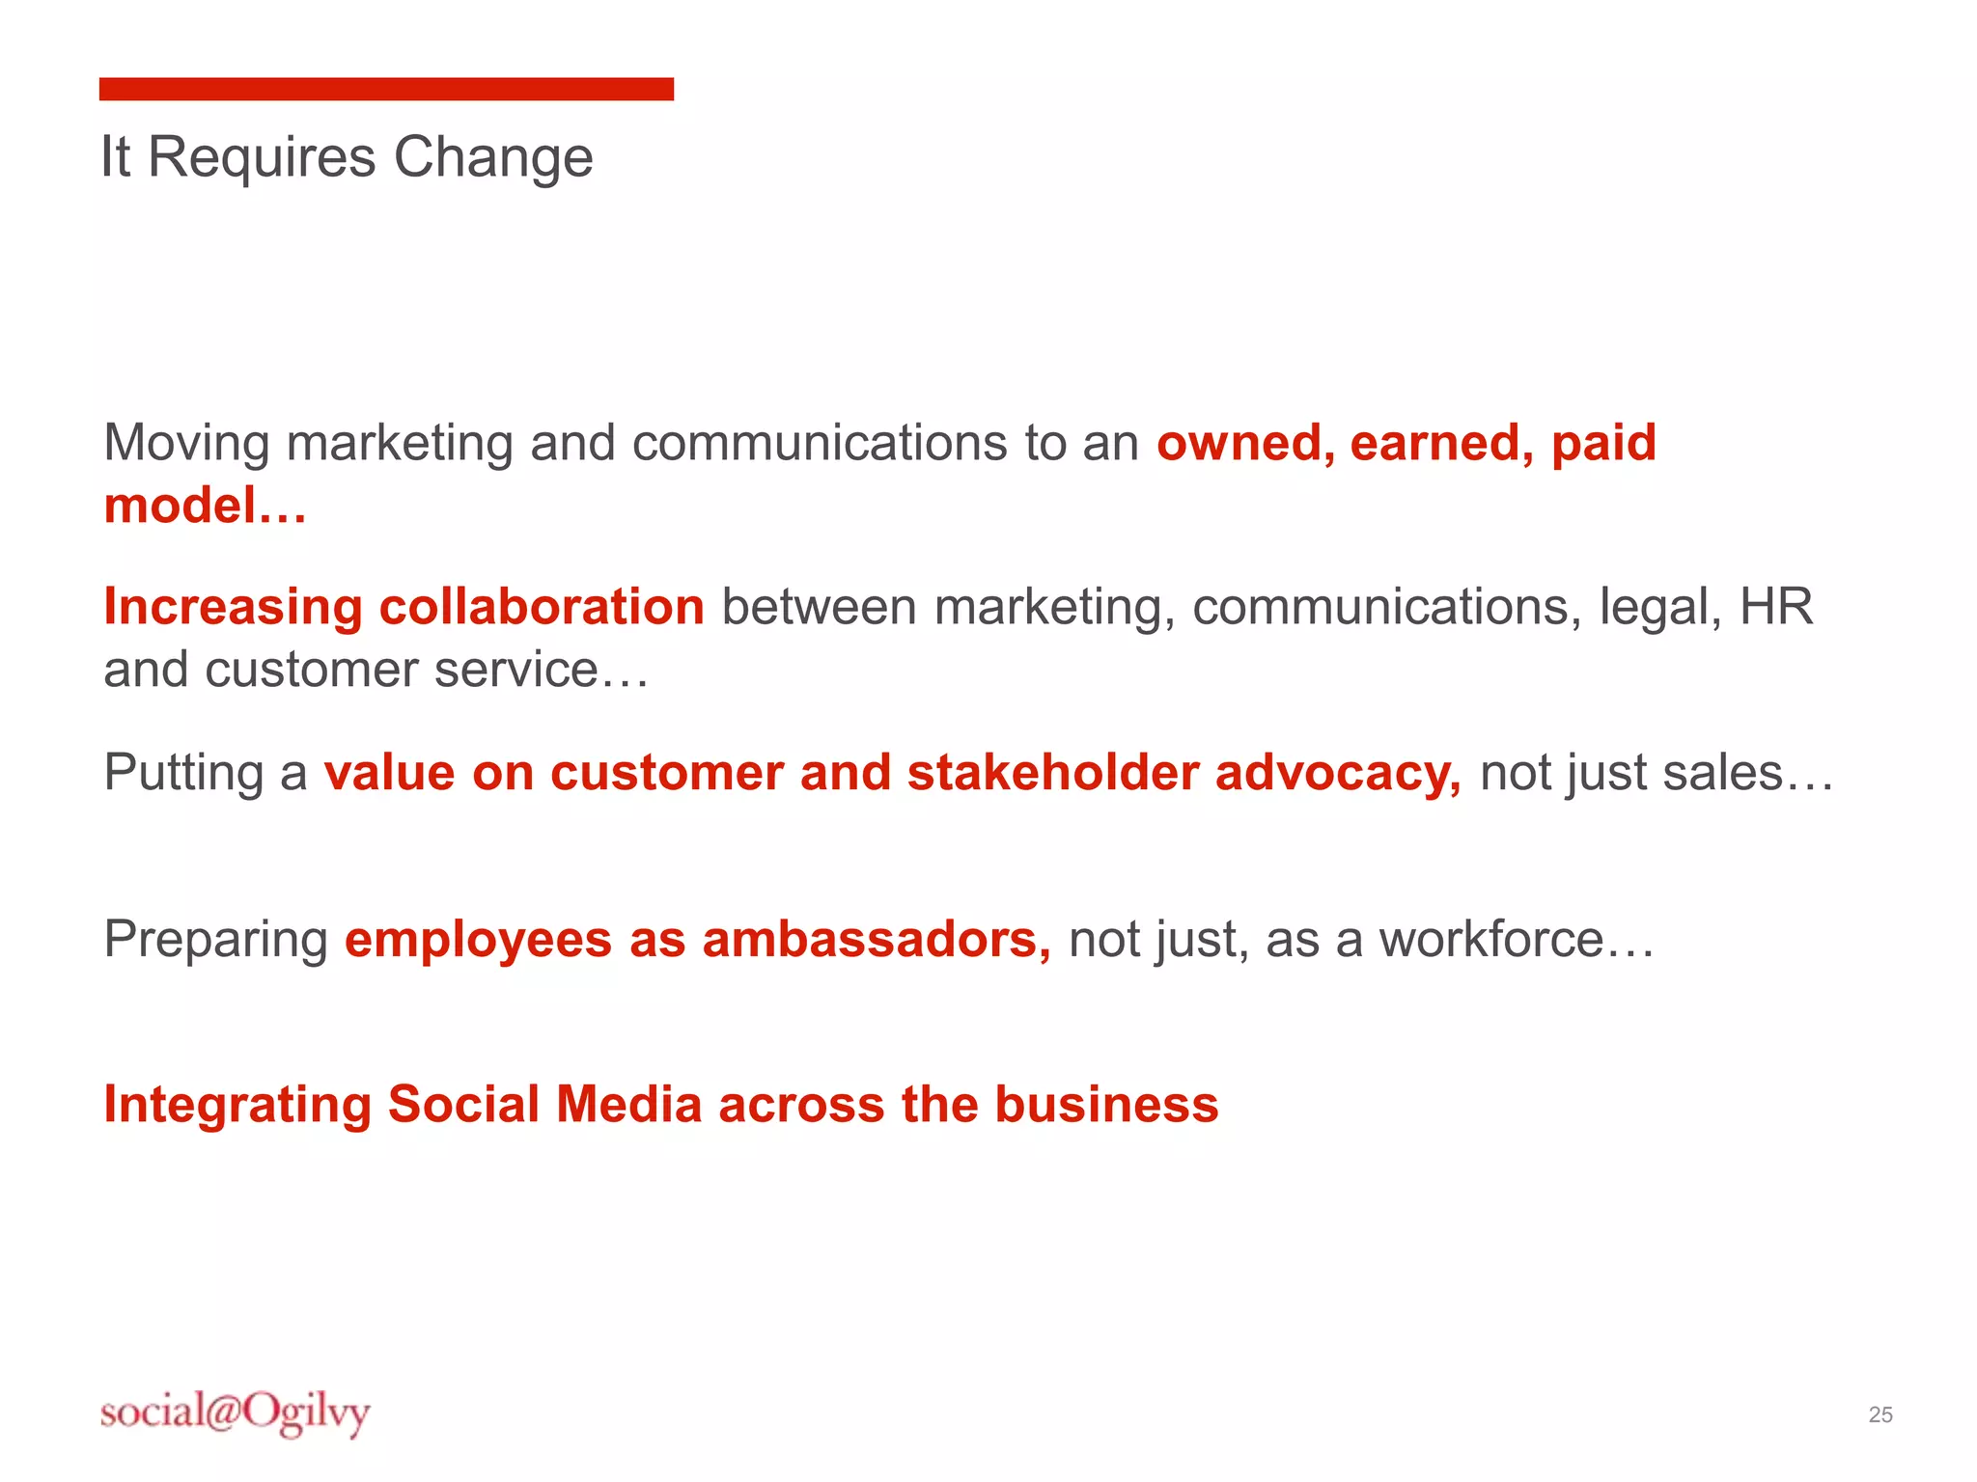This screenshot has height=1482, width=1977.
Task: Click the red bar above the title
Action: [386, 89]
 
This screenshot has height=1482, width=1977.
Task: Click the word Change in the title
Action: [493, 157]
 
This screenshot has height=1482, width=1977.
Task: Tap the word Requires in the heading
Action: [262, 157]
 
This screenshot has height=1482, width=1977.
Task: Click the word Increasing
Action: [233, 609]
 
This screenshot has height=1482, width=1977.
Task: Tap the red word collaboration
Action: [542, 607]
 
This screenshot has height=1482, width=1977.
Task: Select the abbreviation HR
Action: [1776, 607]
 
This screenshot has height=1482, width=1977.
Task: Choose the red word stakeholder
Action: [1052, 773]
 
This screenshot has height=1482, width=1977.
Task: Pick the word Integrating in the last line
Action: [237, 1106]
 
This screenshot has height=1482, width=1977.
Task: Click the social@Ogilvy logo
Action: [235, 1413]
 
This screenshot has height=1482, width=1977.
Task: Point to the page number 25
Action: [1880, 1414]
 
